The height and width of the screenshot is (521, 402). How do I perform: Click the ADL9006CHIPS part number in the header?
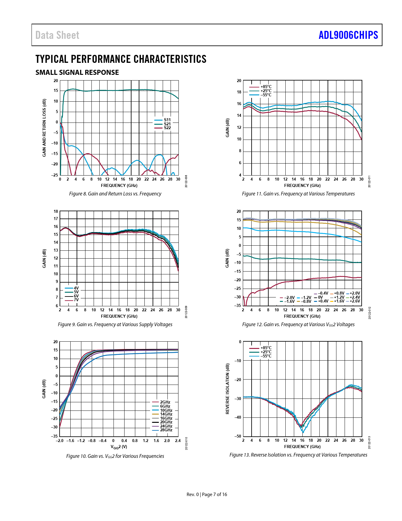coord(348,35)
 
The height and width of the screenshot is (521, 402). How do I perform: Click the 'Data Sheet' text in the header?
coord(57,35)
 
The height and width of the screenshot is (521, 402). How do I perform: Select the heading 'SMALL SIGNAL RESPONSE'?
coord(77,72)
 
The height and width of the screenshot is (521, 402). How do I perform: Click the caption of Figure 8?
coord(115,194)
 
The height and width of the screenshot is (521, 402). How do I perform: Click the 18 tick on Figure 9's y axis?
coord(56,211)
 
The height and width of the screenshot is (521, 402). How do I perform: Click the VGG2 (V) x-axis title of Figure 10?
coord(119,447)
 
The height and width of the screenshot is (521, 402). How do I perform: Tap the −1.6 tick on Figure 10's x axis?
coord(70,440)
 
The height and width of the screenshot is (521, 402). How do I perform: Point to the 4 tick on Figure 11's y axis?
coord(240,175)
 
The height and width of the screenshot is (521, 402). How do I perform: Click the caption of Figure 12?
coord(298,324)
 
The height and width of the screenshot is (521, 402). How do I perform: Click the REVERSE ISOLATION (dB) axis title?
coord(227,389)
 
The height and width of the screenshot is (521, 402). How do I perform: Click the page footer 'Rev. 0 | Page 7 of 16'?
coord(207,494)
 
